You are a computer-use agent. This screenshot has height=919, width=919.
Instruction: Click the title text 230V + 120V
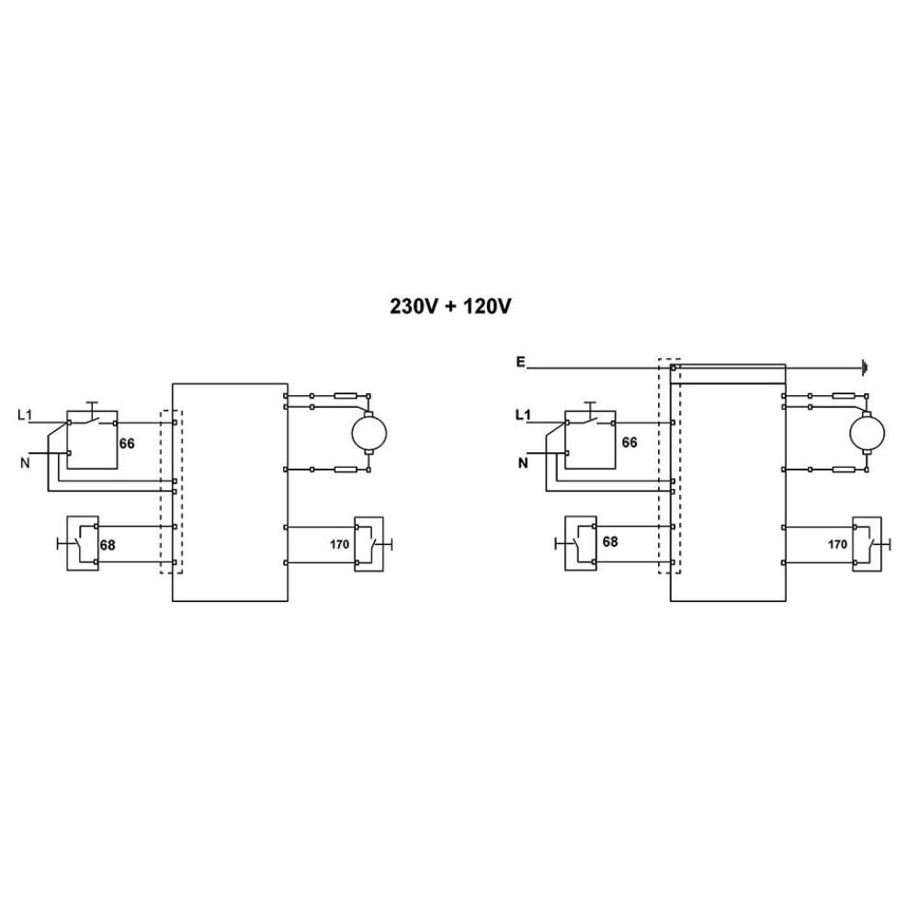(x=449, y=306)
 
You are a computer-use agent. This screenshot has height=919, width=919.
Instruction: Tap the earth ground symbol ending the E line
(x=866, y=369)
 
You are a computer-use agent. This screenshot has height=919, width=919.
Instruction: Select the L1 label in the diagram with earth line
(x=523, y=415)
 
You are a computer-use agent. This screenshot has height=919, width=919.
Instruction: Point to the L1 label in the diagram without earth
(x=26, y=415)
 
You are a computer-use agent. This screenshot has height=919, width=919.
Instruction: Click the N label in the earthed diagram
(x=523, y=463)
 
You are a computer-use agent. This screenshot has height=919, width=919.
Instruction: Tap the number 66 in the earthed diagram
(x=630, y=442)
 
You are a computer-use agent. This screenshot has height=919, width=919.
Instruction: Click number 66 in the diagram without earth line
(x=127, y=443)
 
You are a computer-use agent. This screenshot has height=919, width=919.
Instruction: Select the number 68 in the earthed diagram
(x=610, y=541)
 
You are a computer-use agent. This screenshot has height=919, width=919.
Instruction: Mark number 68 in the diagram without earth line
(x=108, y=545)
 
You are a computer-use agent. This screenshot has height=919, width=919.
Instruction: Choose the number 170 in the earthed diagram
(x=837, y=544)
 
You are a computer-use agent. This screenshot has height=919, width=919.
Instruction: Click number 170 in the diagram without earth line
(x=339, y=544)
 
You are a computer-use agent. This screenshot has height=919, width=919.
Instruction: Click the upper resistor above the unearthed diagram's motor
(x=346, y=396)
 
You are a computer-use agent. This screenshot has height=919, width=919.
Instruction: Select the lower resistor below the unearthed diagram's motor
(x=346, y=470)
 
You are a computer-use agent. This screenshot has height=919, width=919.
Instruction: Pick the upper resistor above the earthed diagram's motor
(x=844, y=396)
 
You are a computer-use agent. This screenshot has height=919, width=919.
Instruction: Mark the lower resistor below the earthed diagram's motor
(x=844, y=470)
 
